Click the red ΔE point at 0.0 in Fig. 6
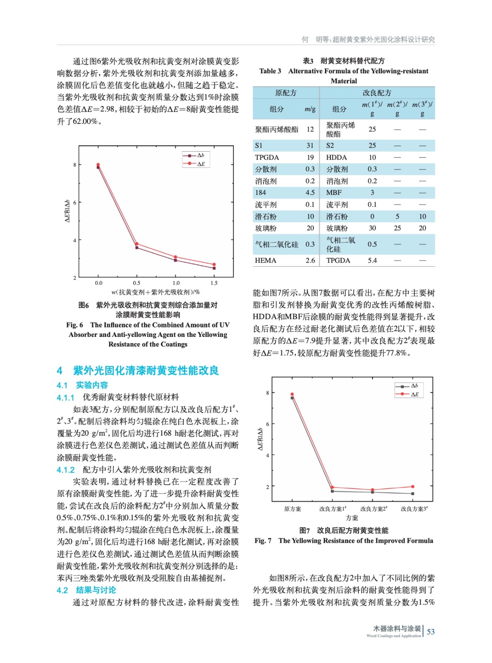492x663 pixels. coord(98,165)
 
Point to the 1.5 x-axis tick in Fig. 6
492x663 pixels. coord(214,283)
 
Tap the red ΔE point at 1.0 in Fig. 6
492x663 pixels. coord(176,257)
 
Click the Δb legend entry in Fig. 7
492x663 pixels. coord(409,386)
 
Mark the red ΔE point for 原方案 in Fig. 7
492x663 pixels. coord(292,394)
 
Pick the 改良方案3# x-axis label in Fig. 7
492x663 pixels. coord(414,509)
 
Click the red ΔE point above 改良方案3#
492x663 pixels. coord(413,486)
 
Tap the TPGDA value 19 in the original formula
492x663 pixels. coord(310,157)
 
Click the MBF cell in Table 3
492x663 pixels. coord(334,193)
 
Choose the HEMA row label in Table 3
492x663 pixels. coord(265,261)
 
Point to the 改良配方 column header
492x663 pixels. coord(377,93)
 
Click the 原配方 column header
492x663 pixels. coord(286,93)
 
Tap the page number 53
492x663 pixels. coord(431,632)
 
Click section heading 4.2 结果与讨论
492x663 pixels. coord(86,590)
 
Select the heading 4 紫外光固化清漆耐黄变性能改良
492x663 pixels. coord(138,370)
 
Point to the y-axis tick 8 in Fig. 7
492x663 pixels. coord(267,393)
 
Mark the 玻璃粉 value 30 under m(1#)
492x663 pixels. coord(372,228)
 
